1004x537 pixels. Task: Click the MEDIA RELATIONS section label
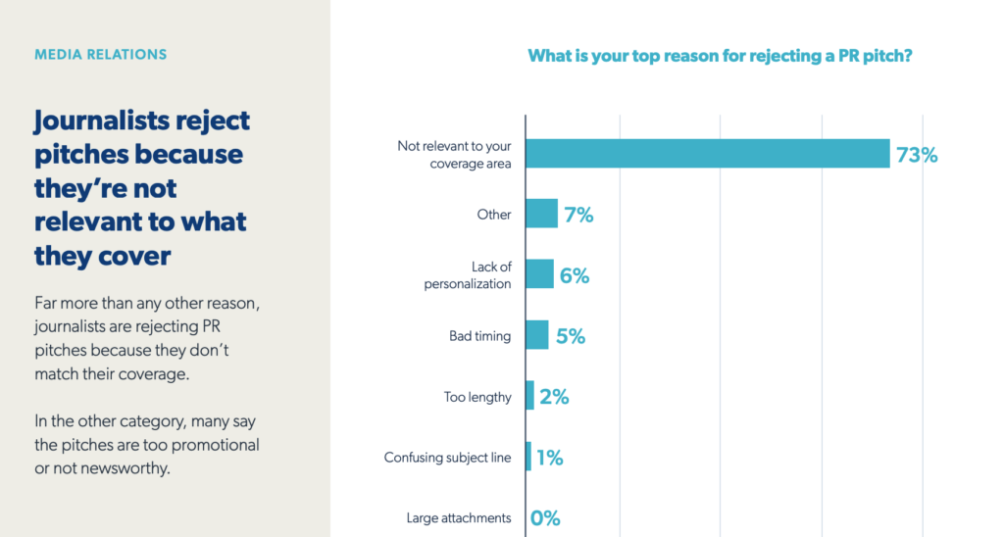tap(100, 55)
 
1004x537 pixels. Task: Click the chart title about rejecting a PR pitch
tap(721, 56)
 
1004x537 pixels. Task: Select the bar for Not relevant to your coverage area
tap(707, 154)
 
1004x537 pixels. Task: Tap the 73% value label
tap(917, 155)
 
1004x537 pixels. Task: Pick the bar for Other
tap(542, 214)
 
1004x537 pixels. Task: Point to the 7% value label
tap(578, 215)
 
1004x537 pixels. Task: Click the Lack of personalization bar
tap(540, 274)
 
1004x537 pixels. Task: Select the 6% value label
tap(575, 276)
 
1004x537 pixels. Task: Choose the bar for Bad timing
tap(537, 335)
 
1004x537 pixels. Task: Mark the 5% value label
tap(570, 336)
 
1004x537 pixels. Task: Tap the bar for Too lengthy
tap(530, 396)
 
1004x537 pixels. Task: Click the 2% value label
tap(554, 397)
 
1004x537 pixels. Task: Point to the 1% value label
tap(550, 458)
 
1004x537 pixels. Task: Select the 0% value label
tap(545, 518)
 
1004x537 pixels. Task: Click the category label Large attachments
tap(459, 518)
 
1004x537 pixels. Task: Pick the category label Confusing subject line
tap(447, 458)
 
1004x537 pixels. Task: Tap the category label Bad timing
tap(479, 336)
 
